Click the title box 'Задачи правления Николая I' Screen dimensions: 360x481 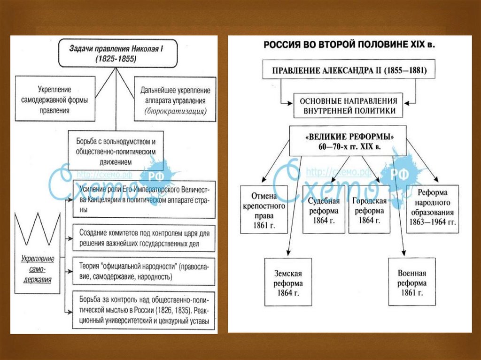pos(117,53)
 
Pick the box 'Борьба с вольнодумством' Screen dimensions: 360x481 pos(112,151)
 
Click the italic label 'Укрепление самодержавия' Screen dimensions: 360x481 pos(38,269)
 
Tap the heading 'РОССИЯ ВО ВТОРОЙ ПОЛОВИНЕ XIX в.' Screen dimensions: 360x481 pos(349,45)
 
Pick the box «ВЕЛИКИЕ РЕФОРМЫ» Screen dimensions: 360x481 pos(349,141)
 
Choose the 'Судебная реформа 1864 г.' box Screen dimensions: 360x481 pos(324,209)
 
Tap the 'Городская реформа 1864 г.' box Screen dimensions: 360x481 pos(370,209)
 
